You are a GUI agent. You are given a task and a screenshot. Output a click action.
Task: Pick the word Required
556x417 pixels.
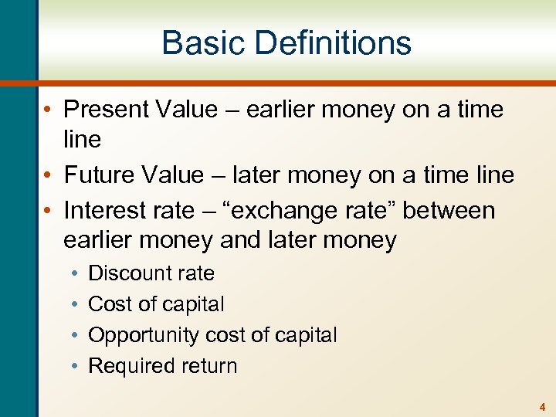click(x=128, y=366)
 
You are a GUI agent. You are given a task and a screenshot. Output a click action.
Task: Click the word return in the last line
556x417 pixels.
click(x=206, y=366)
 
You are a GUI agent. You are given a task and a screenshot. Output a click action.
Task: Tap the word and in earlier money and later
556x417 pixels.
click(x=242, y=240)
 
